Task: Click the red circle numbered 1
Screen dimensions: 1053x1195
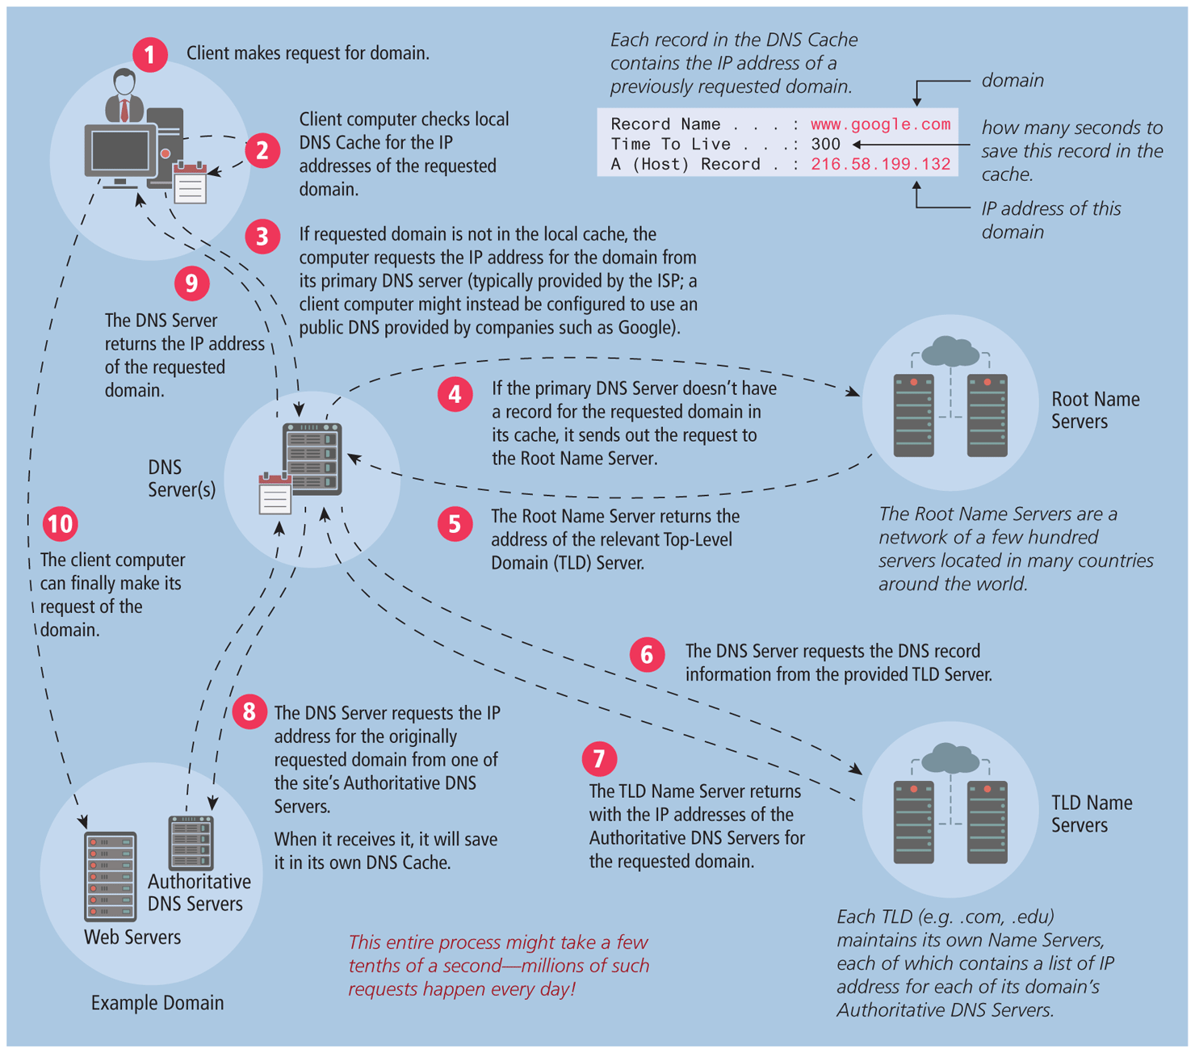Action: pyautogui.click(x=150, y=54)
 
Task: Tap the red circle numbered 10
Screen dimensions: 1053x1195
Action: pyautogui.click(x=60, y=524)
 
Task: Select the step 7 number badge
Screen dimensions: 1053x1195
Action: pyautogui.click(x=599, y=758)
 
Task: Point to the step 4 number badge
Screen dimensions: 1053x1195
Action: pyautogui.click(x=455, y=395)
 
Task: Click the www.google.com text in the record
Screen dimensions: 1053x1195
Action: pyautogui.click(x=880, y=124)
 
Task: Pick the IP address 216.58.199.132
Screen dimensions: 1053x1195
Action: pyautogui.click(x=880, y=165)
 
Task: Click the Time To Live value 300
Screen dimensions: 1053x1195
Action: pyautogui.click(x=825, y=145)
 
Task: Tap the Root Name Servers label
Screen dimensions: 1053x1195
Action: pyautogui.click(x=1094, y=410)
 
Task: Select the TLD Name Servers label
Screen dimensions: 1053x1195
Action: pyautogui.click(x=1091, y=814)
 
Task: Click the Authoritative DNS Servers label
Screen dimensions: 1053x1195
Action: pyautogui.click(x=199, y=892)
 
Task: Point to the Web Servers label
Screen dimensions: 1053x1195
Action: pyautogui.click(x=132, y=938)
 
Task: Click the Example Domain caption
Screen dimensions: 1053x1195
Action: pyautogui.click(x=157, y=1003)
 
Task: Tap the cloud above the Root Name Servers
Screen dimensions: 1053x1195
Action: pyautogui.click(x=950, y=351)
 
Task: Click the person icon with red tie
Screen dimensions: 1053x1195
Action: pyautogui.click(x=124, y=95)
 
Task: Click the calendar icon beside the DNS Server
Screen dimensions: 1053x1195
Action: pyautogui.click(x=275, y=494)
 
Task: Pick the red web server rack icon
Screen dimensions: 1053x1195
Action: pyautogui.click(x=110, y=876)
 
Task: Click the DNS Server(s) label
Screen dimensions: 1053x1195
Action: pyautogui.click(x=181, y=479)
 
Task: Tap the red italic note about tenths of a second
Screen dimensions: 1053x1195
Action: pyautogui.click(x=498, y=966)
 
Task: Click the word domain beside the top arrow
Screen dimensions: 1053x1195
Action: pyautogui.click(x=1013, y=81)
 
